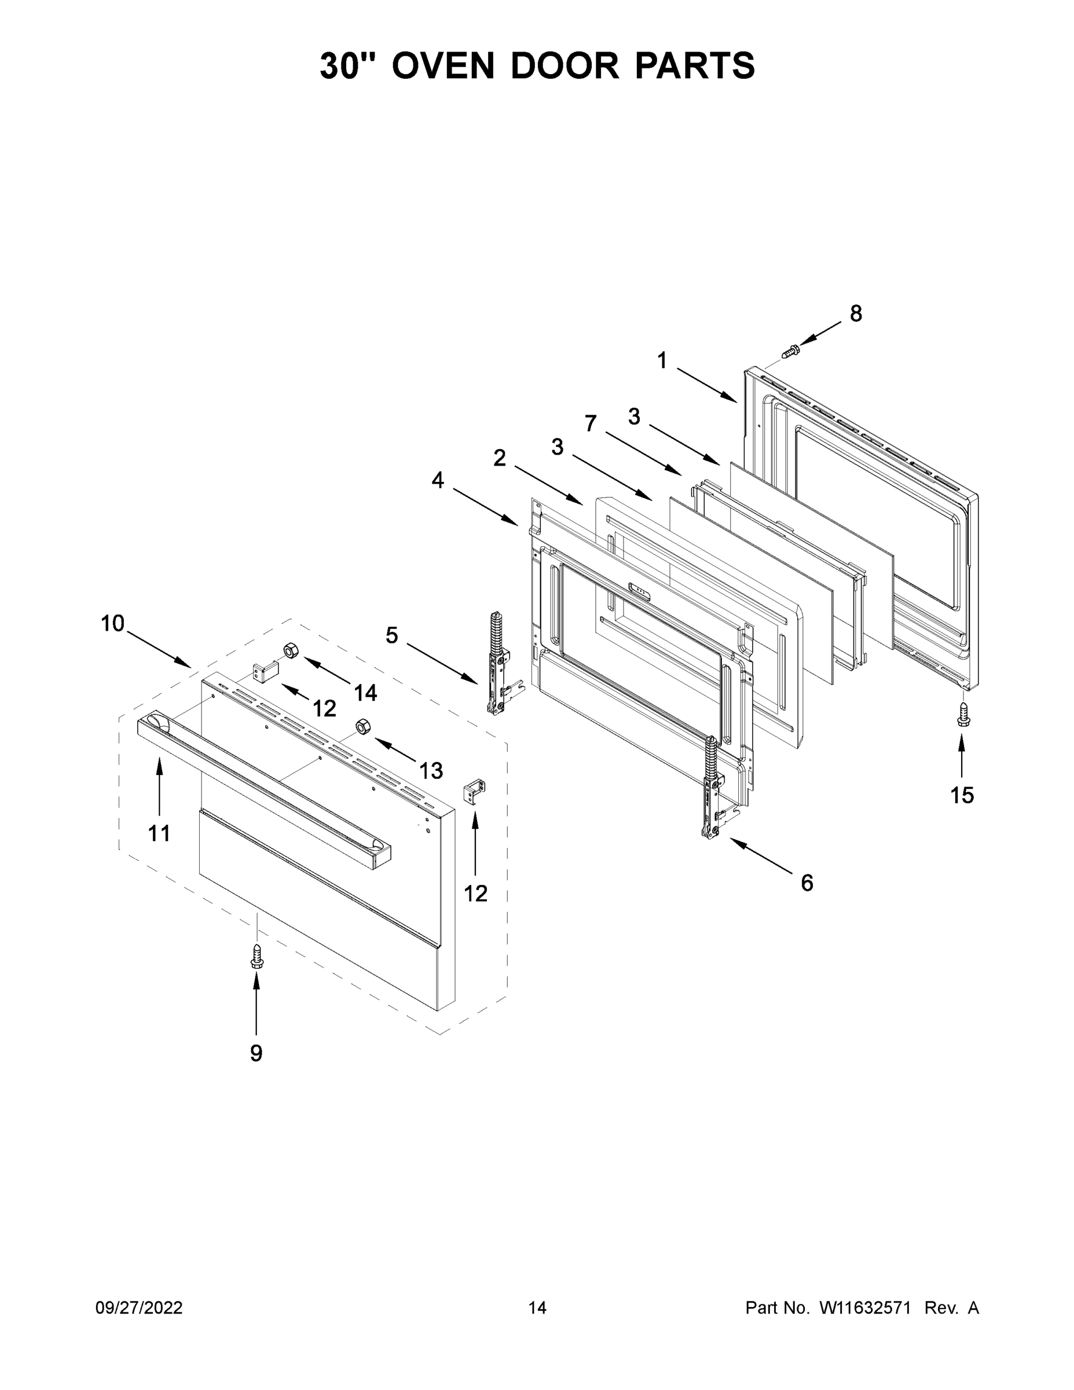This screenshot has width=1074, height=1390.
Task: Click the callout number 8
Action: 856,313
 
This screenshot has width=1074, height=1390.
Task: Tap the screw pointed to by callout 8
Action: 790,349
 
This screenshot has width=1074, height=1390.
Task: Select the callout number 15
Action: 961,795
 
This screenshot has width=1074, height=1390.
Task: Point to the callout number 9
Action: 256,1054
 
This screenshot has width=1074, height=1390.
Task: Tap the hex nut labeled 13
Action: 362,726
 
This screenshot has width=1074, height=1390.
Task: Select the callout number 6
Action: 807,883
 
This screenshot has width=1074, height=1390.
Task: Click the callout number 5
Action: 392,635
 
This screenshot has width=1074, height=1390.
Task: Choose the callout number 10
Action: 113,623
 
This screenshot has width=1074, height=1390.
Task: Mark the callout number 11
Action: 159,832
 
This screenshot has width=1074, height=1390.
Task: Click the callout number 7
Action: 591,423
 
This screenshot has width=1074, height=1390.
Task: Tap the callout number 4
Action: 438,480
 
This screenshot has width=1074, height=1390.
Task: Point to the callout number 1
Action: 662,361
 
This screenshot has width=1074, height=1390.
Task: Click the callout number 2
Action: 500,458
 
